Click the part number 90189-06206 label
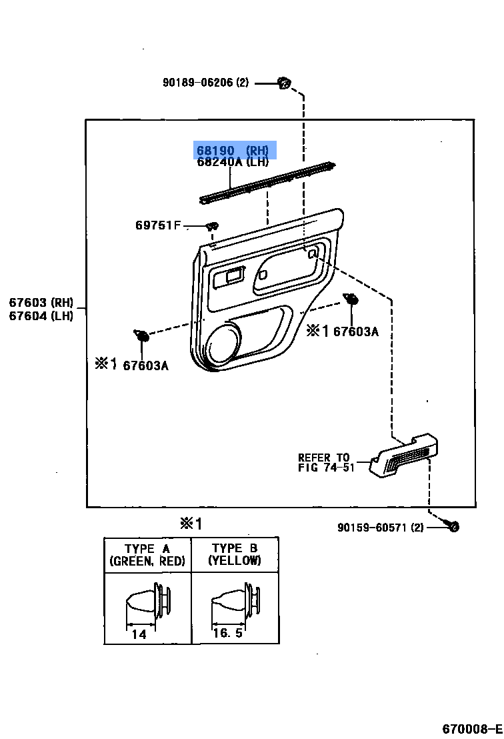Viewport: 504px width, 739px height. pyautogui.click(x=205, y=83)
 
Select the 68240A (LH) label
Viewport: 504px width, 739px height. pyautogui.click(x=233, y=162)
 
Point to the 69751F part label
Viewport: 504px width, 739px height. pyautogui.click(x=158, y=225)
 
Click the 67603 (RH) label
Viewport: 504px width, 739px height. pyautogui.click(x=41, y=303)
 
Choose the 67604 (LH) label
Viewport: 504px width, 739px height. pyautogui.click(x=41, y=315)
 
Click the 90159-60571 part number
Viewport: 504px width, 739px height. pyautogui.click(x=381, y=528)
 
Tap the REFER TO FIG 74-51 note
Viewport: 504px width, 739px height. pyautogui.click(x=324, y=462)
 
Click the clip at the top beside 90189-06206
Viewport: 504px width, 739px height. pyautogui.click(x=285, y=83)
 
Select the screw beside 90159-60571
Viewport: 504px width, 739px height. pyautogui.click(x=453, y=527)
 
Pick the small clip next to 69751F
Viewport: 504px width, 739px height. pyautogui.click(x=211, y=226)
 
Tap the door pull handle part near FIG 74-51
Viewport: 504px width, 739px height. pyautogui.click(x=405, y=456)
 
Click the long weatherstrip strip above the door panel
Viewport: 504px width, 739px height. pyautogui.click(x=267, y=181)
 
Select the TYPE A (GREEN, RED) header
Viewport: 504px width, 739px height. pyautogui.click(x=147, y=555)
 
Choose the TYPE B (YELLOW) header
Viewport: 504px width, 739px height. pyautogui.click(x=235, y=555)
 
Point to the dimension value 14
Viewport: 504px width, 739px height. pyautogui.click(x=139, y=634)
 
